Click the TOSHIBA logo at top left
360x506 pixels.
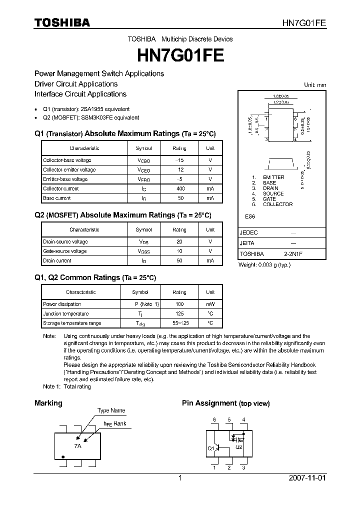point(62,22)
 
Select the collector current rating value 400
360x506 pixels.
point(180,189)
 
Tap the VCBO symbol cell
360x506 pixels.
point(143,160)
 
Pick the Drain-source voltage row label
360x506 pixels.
point(65,242)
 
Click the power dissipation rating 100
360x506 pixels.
point(179,304)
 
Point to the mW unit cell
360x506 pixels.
point(210,304)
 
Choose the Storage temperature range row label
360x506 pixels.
point(72,323)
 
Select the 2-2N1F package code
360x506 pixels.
point(293,254)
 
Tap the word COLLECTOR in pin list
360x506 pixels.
point(277,204)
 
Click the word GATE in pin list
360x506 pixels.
point(269,199)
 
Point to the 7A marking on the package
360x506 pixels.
point(77,445)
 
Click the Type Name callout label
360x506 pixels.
point(111,410)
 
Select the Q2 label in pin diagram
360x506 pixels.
point(238,447)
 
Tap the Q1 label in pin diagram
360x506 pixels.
point(210,448)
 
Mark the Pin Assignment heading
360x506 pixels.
point(209,403)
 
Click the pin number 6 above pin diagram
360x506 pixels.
point(214,419)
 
